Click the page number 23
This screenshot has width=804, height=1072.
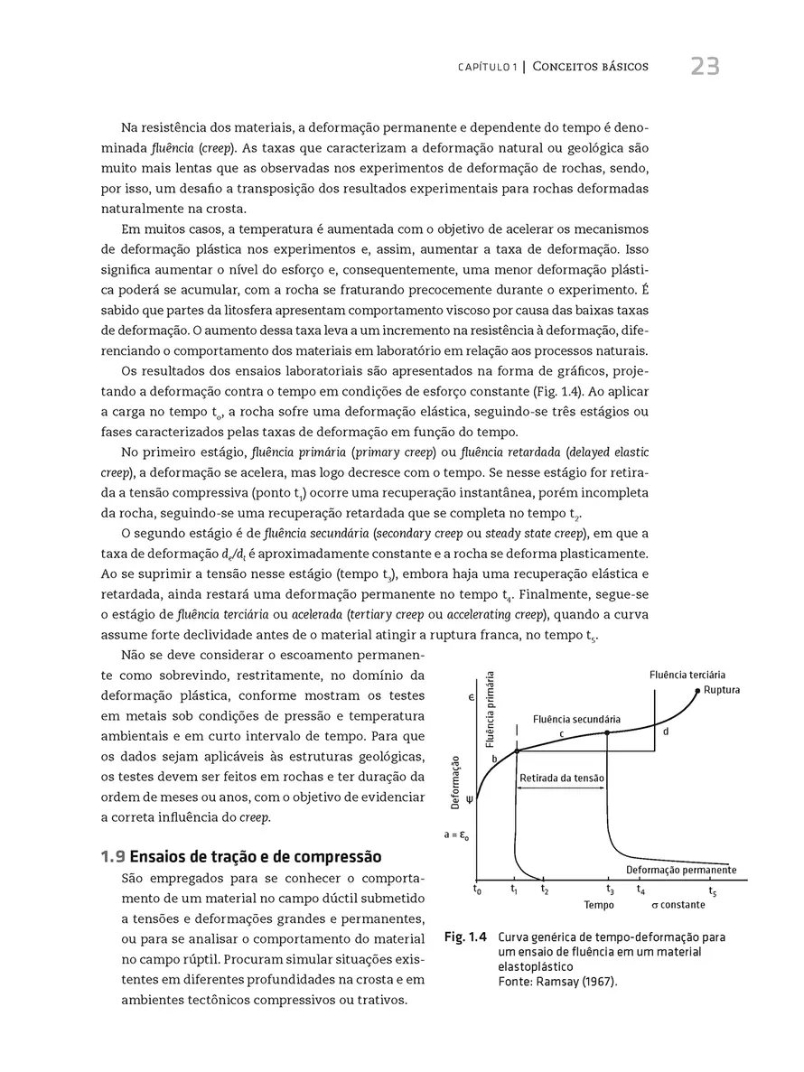(x=705, y=67)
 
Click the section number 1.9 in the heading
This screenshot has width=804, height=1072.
(x=114, y=856)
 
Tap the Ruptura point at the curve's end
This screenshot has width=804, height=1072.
(x=698, y=691)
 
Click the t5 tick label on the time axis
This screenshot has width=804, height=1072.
(x=713, y=891)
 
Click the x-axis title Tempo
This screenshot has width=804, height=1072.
(x=599, y=905)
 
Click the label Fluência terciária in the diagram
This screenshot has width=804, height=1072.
(x=687, y=675)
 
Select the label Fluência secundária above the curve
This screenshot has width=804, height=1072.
(x=576, y=719)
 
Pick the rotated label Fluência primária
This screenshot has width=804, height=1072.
(x=491, y=710)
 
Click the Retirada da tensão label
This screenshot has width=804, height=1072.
(x=562, y=778)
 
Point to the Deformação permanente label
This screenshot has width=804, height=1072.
(x=681, y=870)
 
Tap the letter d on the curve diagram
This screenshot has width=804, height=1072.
(x=666, y=732)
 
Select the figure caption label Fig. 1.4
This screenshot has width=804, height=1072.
(x=465, y=937)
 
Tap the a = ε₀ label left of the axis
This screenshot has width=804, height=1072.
(x=455, y=835)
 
